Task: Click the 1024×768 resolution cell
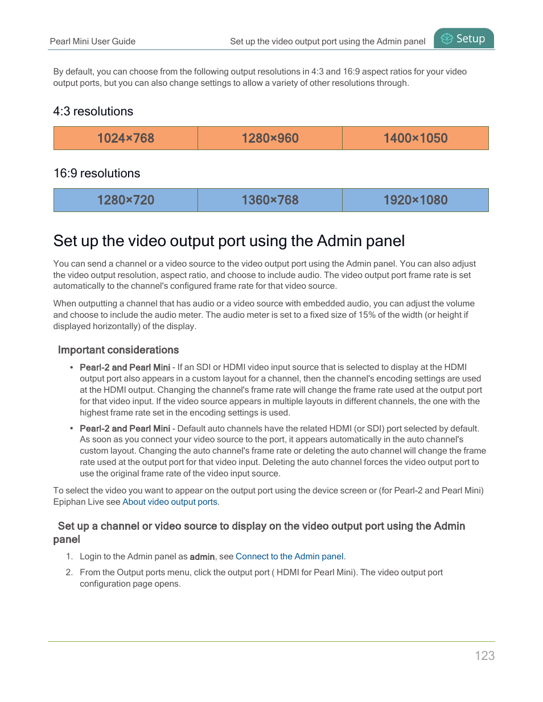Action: coord(126,138)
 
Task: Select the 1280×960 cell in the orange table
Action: coord(270,138)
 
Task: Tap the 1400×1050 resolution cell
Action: coord(416,138)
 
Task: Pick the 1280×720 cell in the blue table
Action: coord(126,200)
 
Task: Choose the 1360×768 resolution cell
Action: coord(270,200)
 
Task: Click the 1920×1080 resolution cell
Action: coord(416,200)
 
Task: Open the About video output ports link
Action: coord(170,502)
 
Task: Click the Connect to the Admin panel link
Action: coord(290,556)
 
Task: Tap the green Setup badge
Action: coord(464,39)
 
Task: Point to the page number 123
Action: coord(484,655)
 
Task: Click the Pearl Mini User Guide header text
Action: coord(93,41)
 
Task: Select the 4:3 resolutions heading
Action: coord(93,111)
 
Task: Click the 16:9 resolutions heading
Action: coord(97,173)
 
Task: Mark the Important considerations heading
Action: coord(118,350)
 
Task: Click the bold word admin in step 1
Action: coord(202,557)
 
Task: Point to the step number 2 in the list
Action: coord(69,572)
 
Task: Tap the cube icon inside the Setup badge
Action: coord(447,39)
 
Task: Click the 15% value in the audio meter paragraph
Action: coord(367,315)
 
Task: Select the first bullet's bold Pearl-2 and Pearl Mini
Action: coord(125,368)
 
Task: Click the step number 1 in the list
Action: coord(69,556)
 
